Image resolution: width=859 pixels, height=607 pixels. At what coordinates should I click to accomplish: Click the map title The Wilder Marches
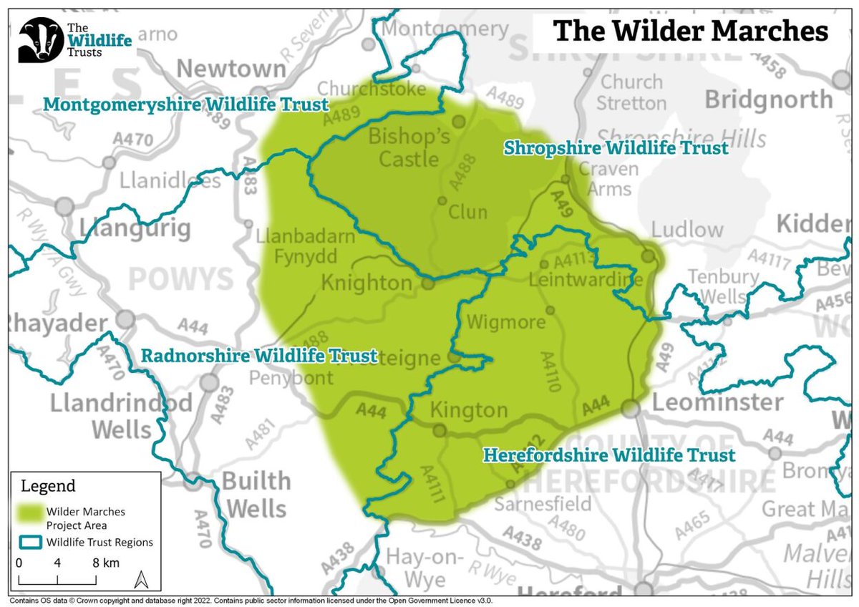[690, 31]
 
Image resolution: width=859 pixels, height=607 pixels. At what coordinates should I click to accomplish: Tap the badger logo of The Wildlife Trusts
[40, 40]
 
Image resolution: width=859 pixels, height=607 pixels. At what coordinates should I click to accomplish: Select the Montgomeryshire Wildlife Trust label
[185, 105]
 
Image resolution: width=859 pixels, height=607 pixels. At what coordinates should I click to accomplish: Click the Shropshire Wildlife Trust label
[616, 148]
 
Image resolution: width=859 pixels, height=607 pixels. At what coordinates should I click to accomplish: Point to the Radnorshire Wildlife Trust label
[259, 356]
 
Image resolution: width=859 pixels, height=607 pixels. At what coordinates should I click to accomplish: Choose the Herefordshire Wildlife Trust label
[608, 455]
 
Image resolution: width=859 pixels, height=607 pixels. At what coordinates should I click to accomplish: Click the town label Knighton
[367, 283]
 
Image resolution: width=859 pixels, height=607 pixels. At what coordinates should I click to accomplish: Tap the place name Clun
[467, 213]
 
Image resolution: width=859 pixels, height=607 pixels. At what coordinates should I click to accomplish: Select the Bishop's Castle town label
[409, 147]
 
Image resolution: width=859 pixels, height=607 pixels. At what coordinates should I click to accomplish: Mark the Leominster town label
[707, 402]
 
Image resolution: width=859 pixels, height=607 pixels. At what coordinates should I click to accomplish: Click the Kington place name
[468, 411]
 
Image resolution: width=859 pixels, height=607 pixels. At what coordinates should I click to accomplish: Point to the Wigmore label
[505, 323]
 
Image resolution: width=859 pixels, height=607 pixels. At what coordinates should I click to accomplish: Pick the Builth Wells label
[256, 495]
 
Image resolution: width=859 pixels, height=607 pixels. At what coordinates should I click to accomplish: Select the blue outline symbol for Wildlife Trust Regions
[29, 542]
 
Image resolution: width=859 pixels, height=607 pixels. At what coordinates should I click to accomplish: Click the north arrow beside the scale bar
[142, 578]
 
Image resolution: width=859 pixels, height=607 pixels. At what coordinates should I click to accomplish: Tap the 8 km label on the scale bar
[105, 563]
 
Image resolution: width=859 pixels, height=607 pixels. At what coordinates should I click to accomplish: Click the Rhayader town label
[54, 324]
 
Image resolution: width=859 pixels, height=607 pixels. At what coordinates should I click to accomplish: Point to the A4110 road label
[553, 372]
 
